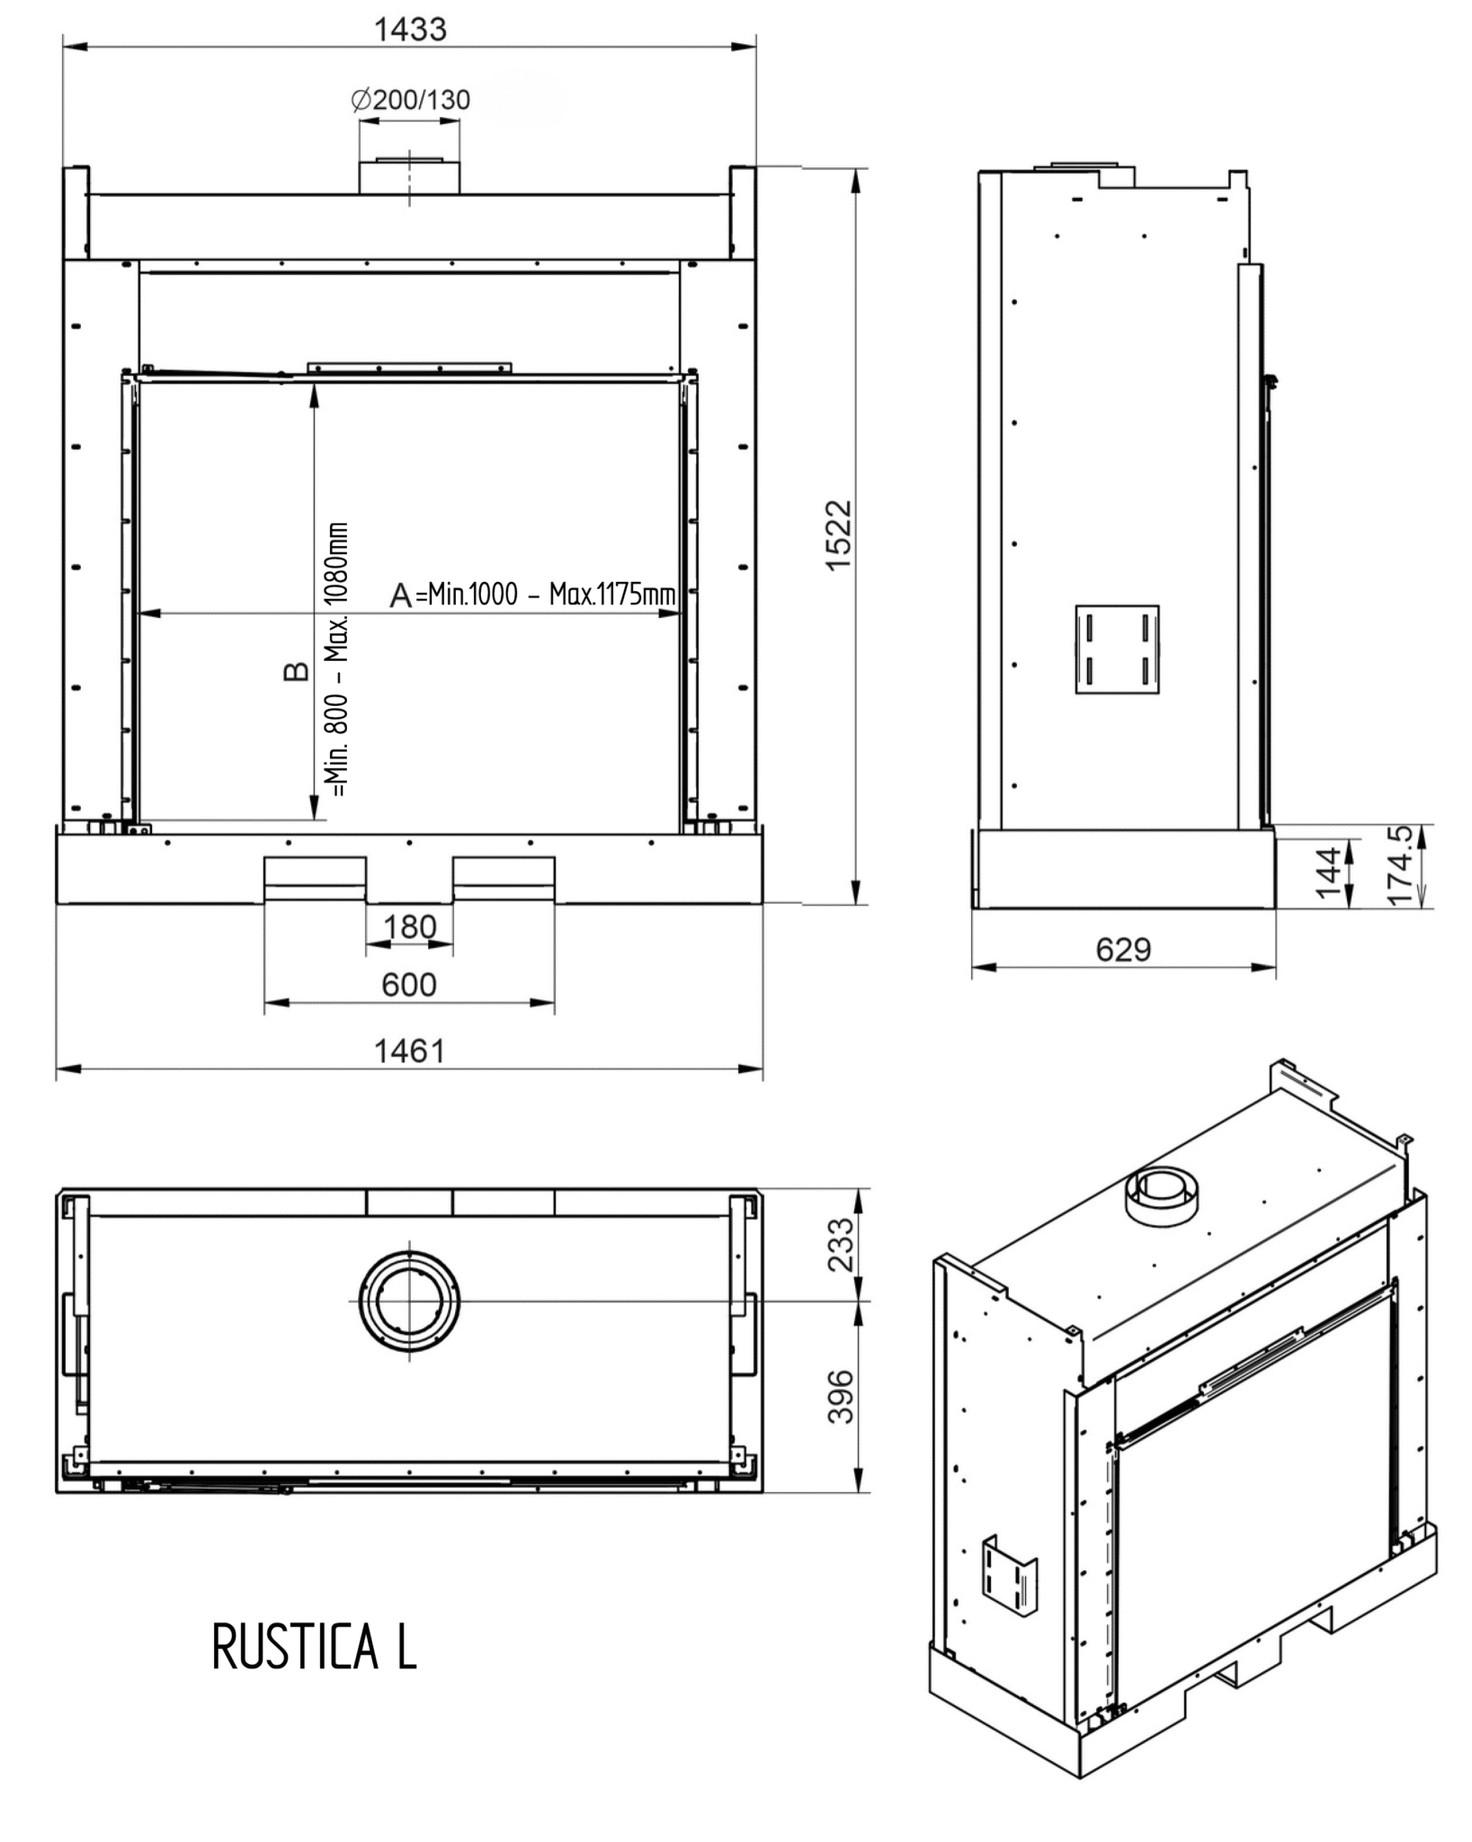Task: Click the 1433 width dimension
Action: point(410,30)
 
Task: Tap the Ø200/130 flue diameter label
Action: point(410,100)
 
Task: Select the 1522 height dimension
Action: point(838,535)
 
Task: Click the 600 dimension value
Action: point(409,984)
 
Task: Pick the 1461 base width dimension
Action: point(410,1051)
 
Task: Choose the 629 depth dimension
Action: point(1123,949)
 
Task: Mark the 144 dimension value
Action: point(1328,871)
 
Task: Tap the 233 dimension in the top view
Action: point(840,1244)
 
